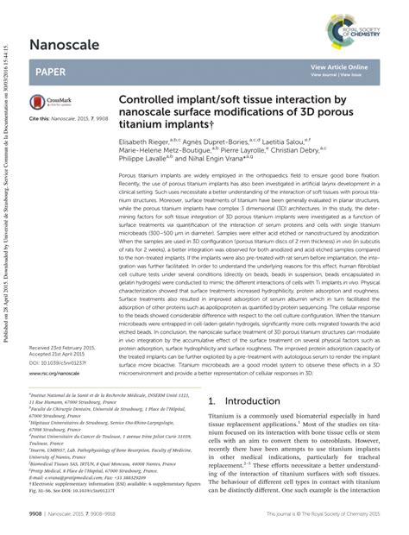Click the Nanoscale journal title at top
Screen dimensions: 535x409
[64, 43]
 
